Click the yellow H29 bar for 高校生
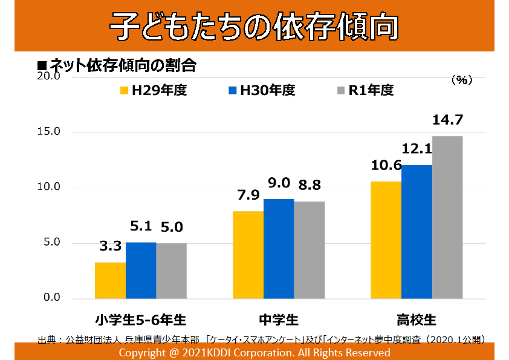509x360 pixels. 386,240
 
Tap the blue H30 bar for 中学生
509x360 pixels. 279,248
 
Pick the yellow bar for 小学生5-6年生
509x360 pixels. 110,280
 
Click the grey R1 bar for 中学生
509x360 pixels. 310,249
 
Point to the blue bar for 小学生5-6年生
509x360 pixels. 141,270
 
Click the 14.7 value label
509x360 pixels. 447,120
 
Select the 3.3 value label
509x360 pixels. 110,246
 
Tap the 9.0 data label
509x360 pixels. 279,183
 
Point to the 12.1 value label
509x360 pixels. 417,149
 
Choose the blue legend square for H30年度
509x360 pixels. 233,91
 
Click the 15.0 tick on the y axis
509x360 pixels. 49,132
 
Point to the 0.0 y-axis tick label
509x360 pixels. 49,298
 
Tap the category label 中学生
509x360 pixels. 278,319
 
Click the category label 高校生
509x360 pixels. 416,319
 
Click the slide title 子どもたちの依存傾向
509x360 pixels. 254,26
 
